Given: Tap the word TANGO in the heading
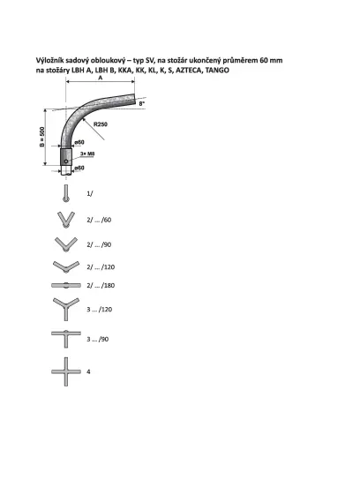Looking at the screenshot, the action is pos(217,70).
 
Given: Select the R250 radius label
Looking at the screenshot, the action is pos(101,124).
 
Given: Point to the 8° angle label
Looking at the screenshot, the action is pos(142,103).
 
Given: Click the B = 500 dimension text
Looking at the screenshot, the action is pos(42,137).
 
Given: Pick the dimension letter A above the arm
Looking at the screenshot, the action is pos(101,78).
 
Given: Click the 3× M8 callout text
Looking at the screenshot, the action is pos(87,154).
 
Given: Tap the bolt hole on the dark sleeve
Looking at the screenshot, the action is pos(66,161).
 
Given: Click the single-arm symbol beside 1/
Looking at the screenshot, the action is pos(66,193).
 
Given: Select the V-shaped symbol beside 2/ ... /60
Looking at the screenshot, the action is pos(66,220).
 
